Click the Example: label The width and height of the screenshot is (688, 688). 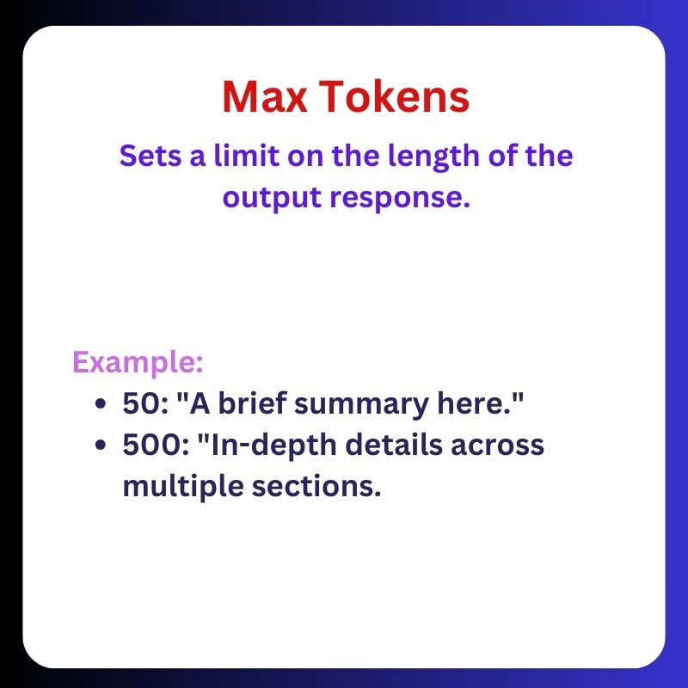click(138, 362)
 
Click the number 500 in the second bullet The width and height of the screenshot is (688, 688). click(143, 445)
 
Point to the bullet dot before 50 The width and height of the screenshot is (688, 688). click(102, 403)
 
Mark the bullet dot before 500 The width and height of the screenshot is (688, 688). click(102, 446)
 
